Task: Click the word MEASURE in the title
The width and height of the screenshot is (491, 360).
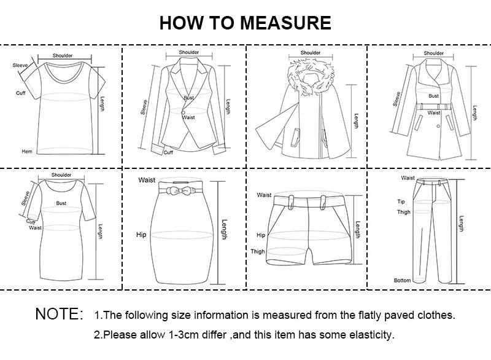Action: (285, 23)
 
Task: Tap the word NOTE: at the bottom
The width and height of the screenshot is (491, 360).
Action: (59, 314)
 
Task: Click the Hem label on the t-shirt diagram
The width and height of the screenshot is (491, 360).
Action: (27, 151)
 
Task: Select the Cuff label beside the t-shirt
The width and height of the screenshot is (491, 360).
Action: (20, 93)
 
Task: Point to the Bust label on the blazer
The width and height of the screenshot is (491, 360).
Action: (188, 98)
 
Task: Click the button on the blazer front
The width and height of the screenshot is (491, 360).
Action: (182, 111)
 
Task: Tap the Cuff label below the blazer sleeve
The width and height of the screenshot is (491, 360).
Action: (168, 152)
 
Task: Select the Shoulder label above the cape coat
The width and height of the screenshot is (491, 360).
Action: (311, 53)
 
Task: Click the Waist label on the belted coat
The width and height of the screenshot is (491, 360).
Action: (434, 113)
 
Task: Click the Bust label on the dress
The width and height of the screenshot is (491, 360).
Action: (61, 202)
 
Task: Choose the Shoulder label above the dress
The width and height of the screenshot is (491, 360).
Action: (61, 175)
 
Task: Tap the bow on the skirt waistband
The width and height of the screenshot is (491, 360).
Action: (182, 190)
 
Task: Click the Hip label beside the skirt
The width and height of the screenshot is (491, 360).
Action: (141, 235)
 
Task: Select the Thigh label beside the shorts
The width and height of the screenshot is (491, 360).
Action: (258, 251)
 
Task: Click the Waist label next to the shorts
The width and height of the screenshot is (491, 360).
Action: (264, 195)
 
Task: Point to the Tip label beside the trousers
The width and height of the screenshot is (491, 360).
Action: (401, 201)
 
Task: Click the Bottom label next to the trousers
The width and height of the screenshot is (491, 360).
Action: (403, 280)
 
